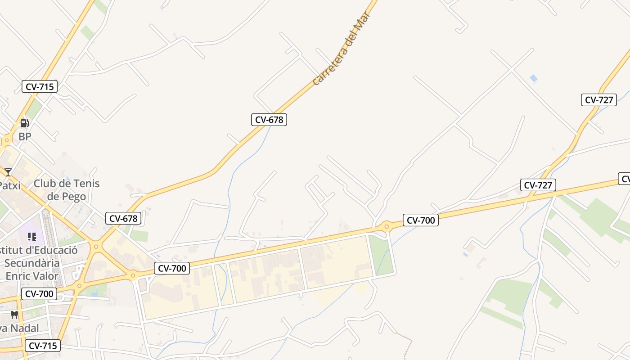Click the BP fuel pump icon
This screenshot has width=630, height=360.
[25, 123]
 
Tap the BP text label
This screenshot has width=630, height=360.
[25, 136]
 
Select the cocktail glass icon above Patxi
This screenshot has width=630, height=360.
[8, 172]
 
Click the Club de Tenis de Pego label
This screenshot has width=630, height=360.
[67, 190]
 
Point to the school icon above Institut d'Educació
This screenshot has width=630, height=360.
[31, 236]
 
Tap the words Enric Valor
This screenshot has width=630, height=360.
[32, 276]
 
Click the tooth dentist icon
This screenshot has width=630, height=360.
[14, 315]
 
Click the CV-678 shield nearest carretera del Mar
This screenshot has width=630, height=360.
[269, 120]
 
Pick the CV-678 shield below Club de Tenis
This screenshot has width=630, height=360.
[123, 219]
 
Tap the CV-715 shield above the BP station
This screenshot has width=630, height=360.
[40, 86]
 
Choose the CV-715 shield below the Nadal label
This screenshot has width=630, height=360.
[42, 346]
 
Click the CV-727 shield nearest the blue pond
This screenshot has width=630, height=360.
[599, 100]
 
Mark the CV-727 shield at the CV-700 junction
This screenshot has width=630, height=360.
[538, 184]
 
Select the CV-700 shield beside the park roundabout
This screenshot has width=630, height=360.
[421, 220]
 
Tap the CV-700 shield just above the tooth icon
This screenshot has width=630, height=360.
[39, 294]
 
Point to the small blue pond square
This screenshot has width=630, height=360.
[534, 78]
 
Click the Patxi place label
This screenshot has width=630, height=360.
[10, 185]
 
